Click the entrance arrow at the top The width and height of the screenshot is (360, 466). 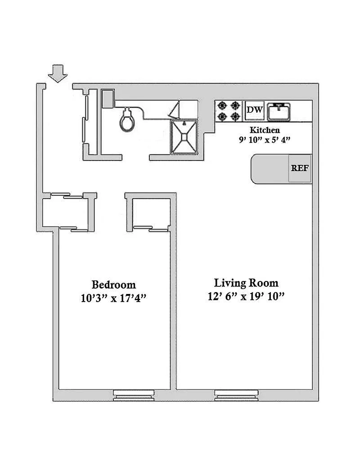(x=58, y=73)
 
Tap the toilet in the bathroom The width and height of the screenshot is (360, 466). (x=127, y=119)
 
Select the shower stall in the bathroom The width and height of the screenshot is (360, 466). (x=184, y=137)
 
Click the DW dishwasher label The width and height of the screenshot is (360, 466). (x=255, y=110)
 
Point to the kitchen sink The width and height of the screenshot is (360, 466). (x=279, y=112)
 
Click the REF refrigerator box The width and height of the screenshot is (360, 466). (x=300, y=168)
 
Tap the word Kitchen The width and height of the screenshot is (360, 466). (x=265, y=130)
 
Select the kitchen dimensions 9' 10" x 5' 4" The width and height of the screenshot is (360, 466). (x=264, y=140)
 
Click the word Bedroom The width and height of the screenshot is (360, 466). (x=114, y=285)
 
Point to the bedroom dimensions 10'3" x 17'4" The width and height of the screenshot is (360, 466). (x=114, y=298)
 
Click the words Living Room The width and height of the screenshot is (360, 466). (x=246, y=283)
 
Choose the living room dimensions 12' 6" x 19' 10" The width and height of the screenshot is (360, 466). (x=246, y=296)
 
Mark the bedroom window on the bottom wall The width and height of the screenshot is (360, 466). (x=134, y=395)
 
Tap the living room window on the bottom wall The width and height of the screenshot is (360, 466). (x=236, y=395)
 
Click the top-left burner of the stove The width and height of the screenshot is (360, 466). (x=222, y=105)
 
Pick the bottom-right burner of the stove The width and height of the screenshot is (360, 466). (x=235, y=116)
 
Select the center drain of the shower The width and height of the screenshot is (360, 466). (x=184, y=137)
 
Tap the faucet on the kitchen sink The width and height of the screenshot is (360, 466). (x=279, y=106)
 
